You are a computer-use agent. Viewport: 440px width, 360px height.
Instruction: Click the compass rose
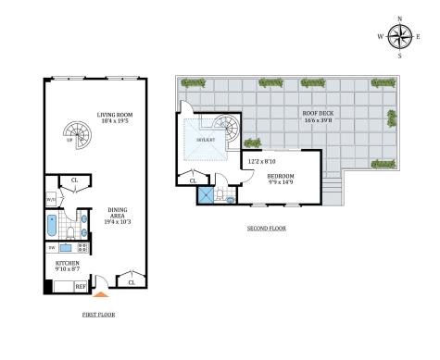click(399, 36)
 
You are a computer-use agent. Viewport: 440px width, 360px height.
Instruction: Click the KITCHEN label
click(66, 264)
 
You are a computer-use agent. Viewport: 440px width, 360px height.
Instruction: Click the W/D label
click(51, 199)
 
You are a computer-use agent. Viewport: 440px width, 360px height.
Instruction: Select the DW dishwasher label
click(51, 248)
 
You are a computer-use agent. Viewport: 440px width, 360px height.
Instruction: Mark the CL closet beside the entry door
click(132, 282)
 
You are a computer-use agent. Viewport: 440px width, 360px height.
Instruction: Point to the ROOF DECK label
click(319, 114)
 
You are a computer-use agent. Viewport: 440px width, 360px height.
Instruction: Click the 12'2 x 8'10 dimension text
click(262, 162)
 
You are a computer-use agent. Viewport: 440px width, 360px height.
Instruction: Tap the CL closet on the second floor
click(194, 180)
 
